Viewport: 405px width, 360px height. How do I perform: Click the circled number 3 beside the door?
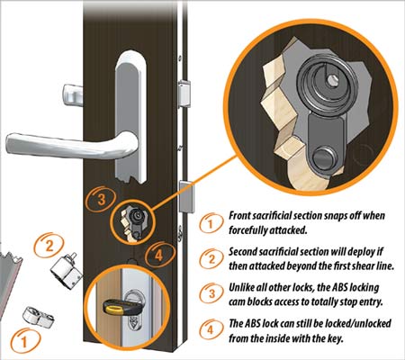(x=101, y=199)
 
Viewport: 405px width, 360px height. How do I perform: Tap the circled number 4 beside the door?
(x=159, y=255)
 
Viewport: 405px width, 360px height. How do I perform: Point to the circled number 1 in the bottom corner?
(x=24, y=341)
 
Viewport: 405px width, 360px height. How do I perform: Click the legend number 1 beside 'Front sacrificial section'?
(x=211, y=223)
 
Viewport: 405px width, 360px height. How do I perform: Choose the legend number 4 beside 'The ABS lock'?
(x=211, y=329)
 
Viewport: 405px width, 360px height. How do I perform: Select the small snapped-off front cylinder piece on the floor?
(x=39, y=317)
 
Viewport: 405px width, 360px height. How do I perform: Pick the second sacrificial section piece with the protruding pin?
(x=67, y=271)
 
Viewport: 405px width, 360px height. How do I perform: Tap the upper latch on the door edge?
(x=184, y=94)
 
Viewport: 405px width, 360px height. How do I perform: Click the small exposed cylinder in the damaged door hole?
(x=136, y=215)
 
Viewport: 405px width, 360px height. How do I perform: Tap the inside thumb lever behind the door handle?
(x=73, y=95)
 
